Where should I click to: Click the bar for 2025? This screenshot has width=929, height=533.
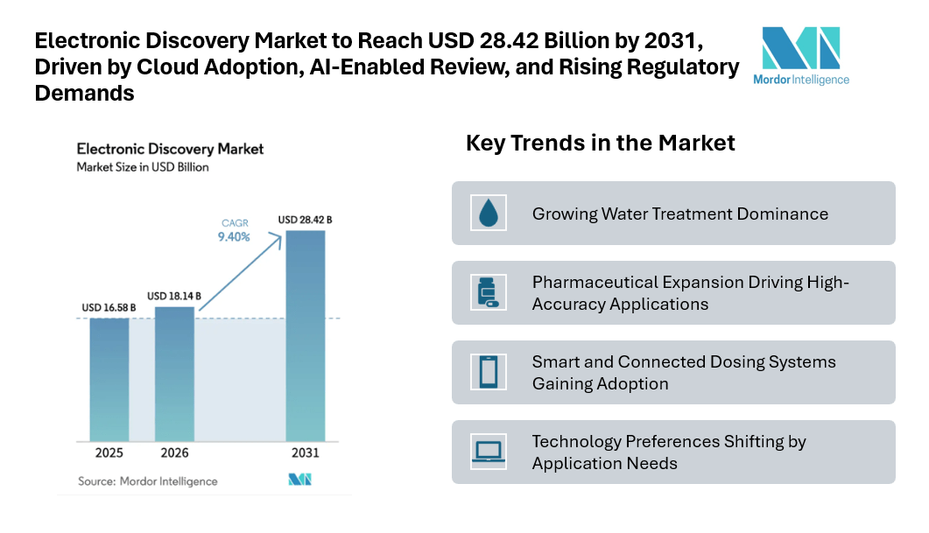click(109, 378)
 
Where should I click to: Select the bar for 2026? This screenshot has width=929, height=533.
click(174, 373)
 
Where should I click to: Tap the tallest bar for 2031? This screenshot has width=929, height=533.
click(306, 334)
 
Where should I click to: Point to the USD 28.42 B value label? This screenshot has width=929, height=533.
click(305, 219)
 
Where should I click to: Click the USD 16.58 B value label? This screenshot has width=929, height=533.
click(109, 307)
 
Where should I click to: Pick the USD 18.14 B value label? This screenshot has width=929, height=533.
click(174, 296)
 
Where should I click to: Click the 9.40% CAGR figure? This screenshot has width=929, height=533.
click(234, 236)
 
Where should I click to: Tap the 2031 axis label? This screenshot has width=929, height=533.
click(306, 453)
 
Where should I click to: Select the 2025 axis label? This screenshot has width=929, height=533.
click(109, 453)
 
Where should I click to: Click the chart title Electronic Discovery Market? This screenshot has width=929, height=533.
click(170, 149)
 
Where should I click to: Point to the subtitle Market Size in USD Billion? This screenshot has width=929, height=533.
click(143, 167)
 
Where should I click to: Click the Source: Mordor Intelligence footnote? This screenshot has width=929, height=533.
click(147, 481)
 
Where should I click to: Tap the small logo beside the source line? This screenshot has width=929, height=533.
click(299, 480)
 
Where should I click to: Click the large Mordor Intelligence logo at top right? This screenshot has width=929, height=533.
click(800, 54)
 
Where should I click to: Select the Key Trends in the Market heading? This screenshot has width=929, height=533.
click(600, 143)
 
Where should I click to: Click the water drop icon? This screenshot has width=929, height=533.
click(487, 213)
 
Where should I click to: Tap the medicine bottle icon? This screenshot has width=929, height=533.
click(487, 292)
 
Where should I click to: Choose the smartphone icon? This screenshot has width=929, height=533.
click(487, 372)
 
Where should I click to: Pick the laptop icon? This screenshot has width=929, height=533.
click(487, 452)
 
